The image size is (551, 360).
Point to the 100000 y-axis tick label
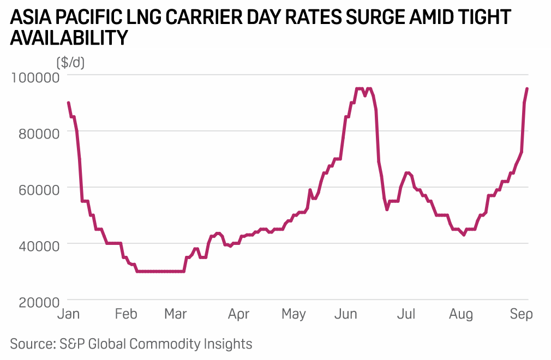35,77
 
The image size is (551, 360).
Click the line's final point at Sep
527,88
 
